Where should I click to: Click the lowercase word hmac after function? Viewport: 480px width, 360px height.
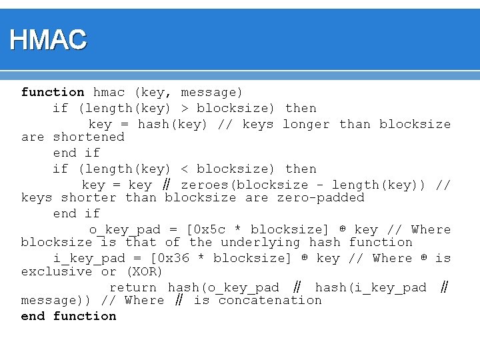point(109,92)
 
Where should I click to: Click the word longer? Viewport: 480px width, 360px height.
point(306,124)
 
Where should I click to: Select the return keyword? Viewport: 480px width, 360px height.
point(133,287)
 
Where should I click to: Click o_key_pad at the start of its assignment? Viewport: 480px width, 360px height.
point(125,229)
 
